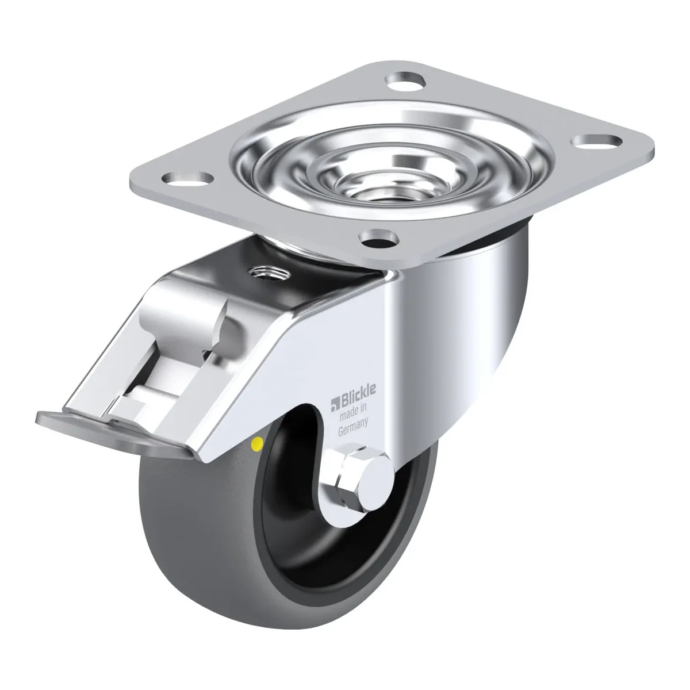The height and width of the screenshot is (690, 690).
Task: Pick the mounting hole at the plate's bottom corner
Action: pyautogui.click(x=379, y=237)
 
